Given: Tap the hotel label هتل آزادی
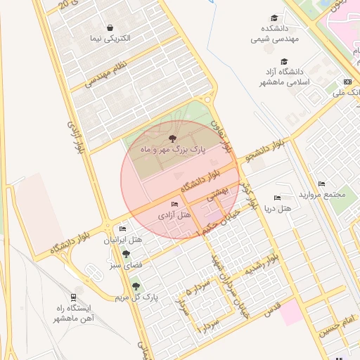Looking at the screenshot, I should click(x=174, y=214).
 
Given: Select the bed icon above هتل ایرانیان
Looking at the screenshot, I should click(x=123, y=229).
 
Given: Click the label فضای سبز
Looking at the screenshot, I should click(x=124, y=265).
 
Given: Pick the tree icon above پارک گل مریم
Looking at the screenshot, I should click(x=135, y=286).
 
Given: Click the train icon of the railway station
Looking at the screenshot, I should click(x=73, y=297).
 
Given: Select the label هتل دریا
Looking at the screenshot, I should click(x=276, y=209).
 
